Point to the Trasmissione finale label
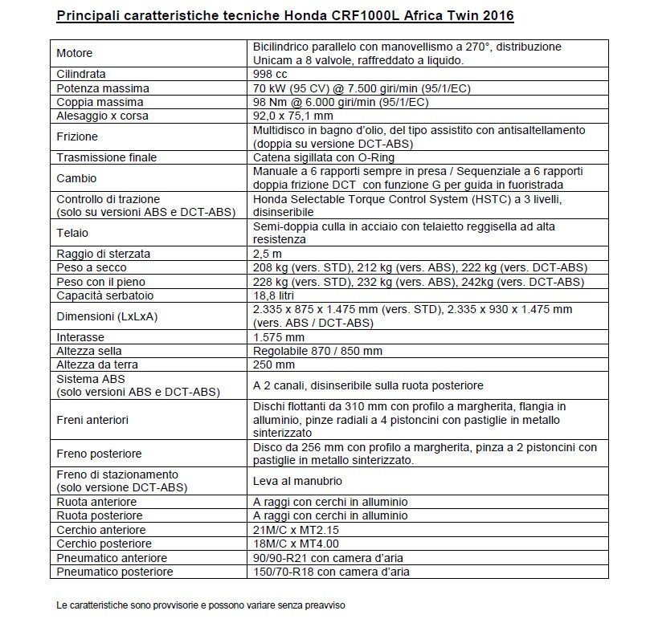[x=106, y=157]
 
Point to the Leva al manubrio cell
[x=297, y=481]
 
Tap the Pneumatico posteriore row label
[x=113, y=572]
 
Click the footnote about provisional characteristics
[x=200, y=604]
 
